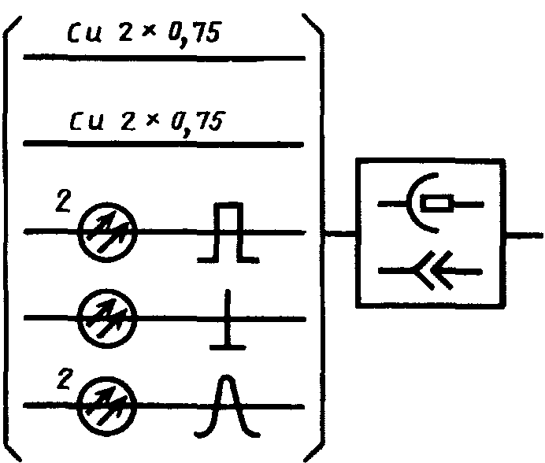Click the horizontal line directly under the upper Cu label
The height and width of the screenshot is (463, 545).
coord(164,58)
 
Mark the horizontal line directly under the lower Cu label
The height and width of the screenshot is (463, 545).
coord(164,145)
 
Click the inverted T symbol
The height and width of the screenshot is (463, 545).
coord(226,323)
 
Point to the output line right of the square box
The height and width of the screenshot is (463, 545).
coord(524,234)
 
